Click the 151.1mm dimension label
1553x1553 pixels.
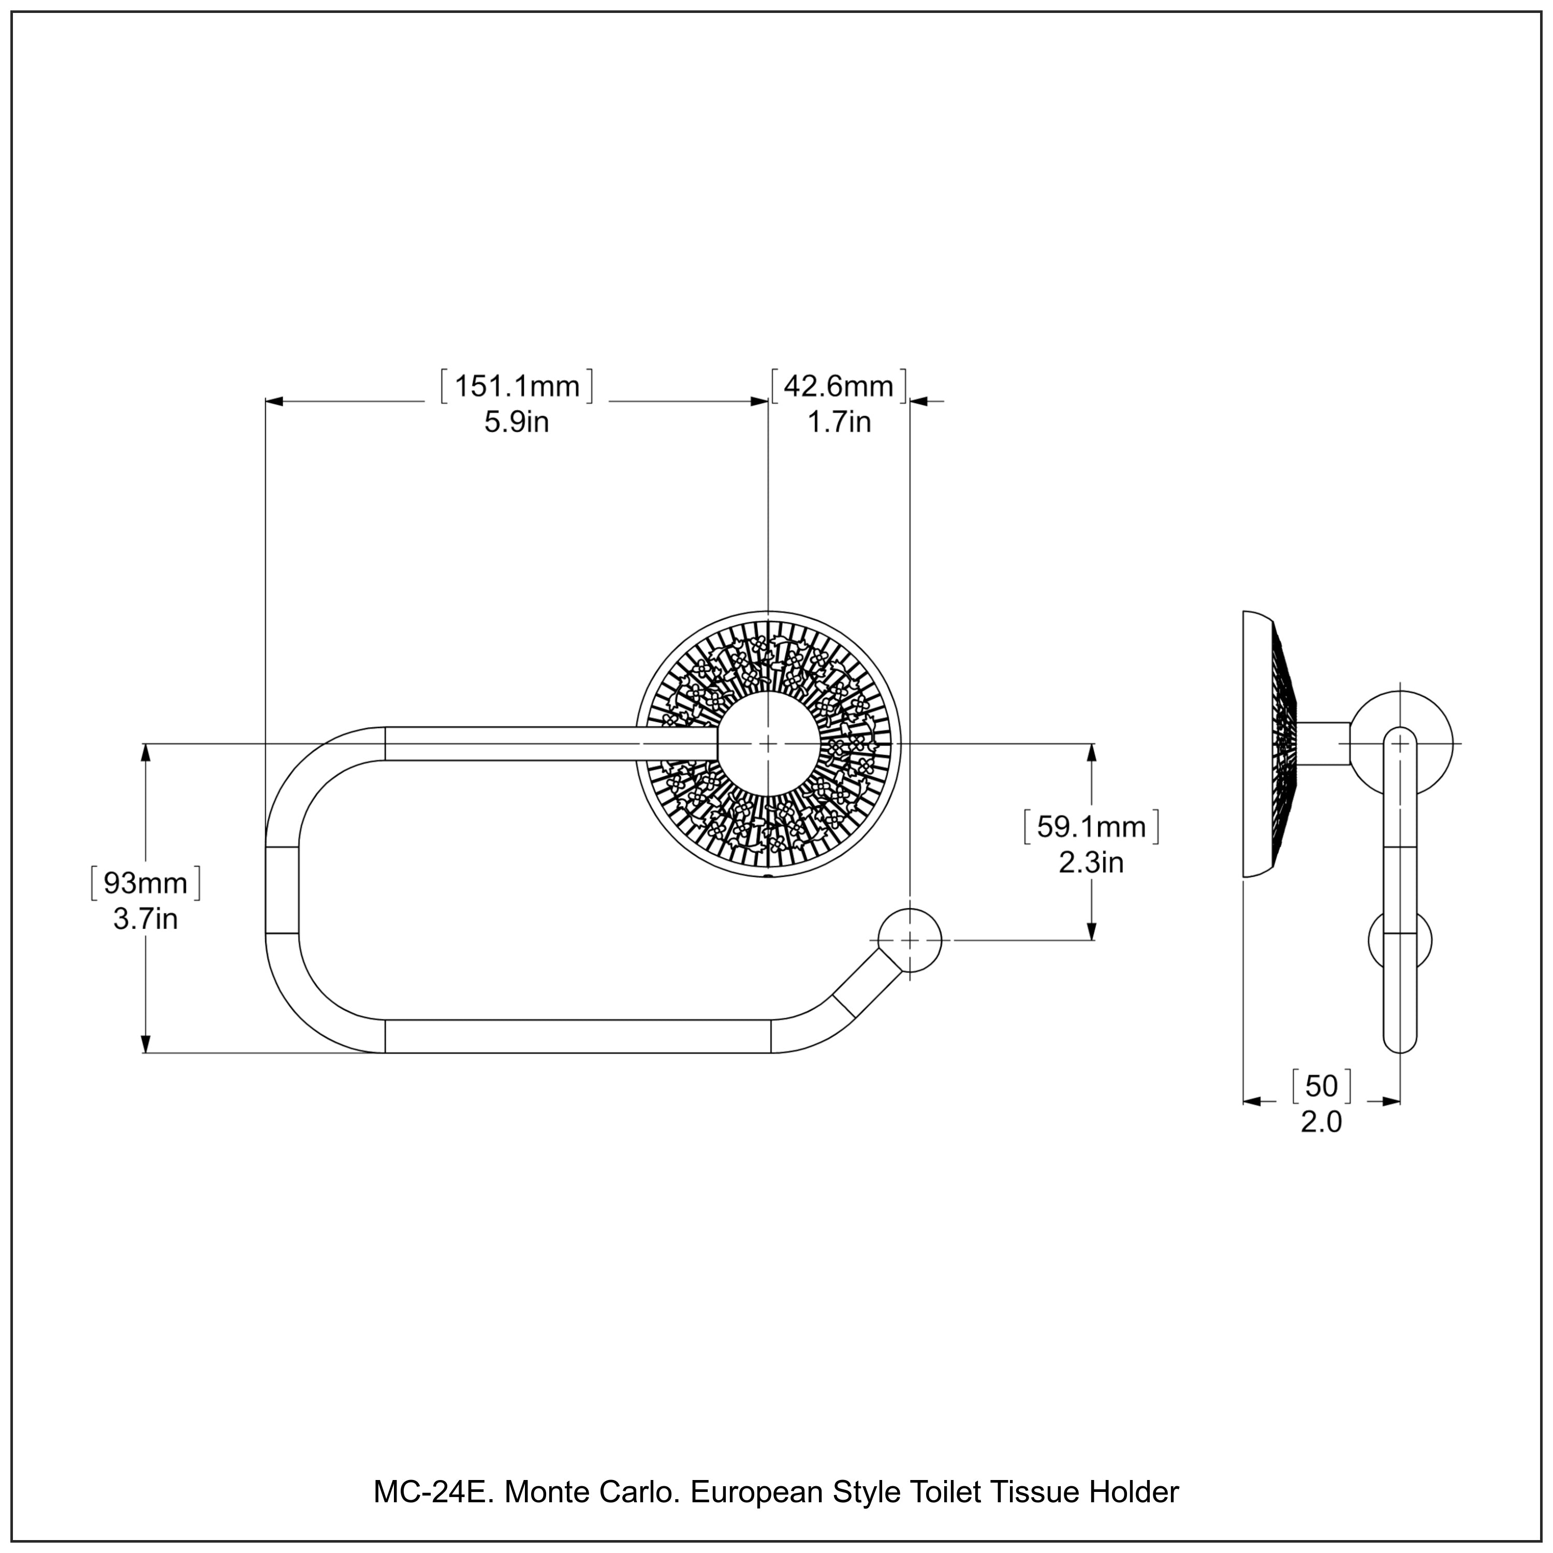coord(517,387)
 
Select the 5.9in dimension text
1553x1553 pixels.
coord(516,422)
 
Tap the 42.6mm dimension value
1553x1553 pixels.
coord(839,387)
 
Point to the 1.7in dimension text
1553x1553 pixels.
coord(839,422)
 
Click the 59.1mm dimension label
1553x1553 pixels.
coord(1091,827)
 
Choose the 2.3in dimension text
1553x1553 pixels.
coord(1091,862)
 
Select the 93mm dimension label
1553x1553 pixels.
coord(145,884)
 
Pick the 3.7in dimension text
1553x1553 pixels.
coord(145,919)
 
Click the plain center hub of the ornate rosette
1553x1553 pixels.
coord(768,743)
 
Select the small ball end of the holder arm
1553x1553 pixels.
coord(909,940)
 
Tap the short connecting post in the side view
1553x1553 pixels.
coord(1323,743)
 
